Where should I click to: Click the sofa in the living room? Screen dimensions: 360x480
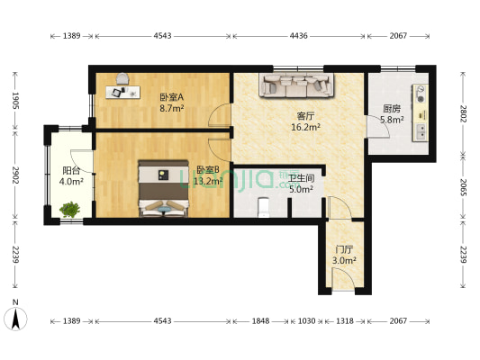[x=297, y=85]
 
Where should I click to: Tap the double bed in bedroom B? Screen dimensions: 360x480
[x=162, y=189]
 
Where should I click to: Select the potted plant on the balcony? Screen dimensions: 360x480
[x=69, y=211]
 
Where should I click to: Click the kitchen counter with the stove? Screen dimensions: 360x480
[x=421, y=112]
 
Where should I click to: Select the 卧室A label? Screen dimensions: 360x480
[x=171, y=97]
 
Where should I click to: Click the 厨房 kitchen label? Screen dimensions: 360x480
[x=391, y=108]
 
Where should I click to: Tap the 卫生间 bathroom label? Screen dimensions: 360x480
[x=301, y=178]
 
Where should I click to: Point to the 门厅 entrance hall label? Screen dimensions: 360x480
[x=343, y=248]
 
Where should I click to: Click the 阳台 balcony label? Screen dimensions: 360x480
[x=72, y=170]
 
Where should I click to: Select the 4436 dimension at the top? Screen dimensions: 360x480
[x=299, y=36]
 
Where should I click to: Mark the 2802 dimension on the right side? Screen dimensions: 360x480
[x=463, y=112]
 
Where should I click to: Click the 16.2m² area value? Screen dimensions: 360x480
[x=307, y=128]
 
